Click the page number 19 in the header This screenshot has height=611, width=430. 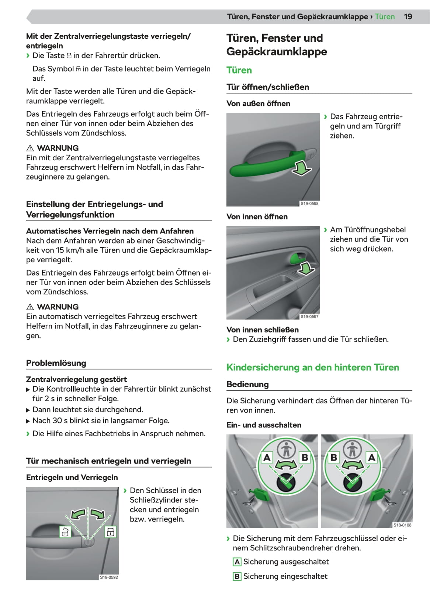click(x=408, y=17)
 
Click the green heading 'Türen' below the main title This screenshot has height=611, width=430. click(x=239, y=70)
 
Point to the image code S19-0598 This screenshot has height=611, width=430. click(x=309, y=204)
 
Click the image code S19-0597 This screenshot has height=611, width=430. click(x=309, y=317)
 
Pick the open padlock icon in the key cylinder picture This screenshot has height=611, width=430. click(x=65, y=532)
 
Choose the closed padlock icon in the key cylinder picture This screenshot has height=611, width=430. click(x=110, y=532)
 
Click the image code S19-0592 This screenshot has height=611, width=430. click(x=109, y=577)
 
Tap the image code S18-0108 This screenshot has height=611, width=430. click(x=402, y=525)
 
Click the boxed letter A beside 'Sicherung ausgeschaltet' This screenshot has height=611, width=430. click(x=237, y=562)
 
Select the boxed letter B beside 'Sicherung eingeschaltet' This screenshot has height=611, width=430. click(x=237, y=576)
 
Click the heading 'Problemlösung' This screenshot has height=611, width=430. click(x=56, y=363)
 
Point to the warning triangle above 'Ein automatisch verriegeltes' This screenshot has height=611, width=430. click(x=30, y=307)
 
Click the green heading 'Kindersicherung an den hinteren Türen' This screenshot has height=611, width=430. click(x=313, y=368)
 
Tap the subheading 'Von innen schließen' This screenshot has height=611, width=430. click(x=263, y=330)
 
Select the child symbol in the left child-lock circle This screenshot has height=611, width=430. click(x=286, y=450)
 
